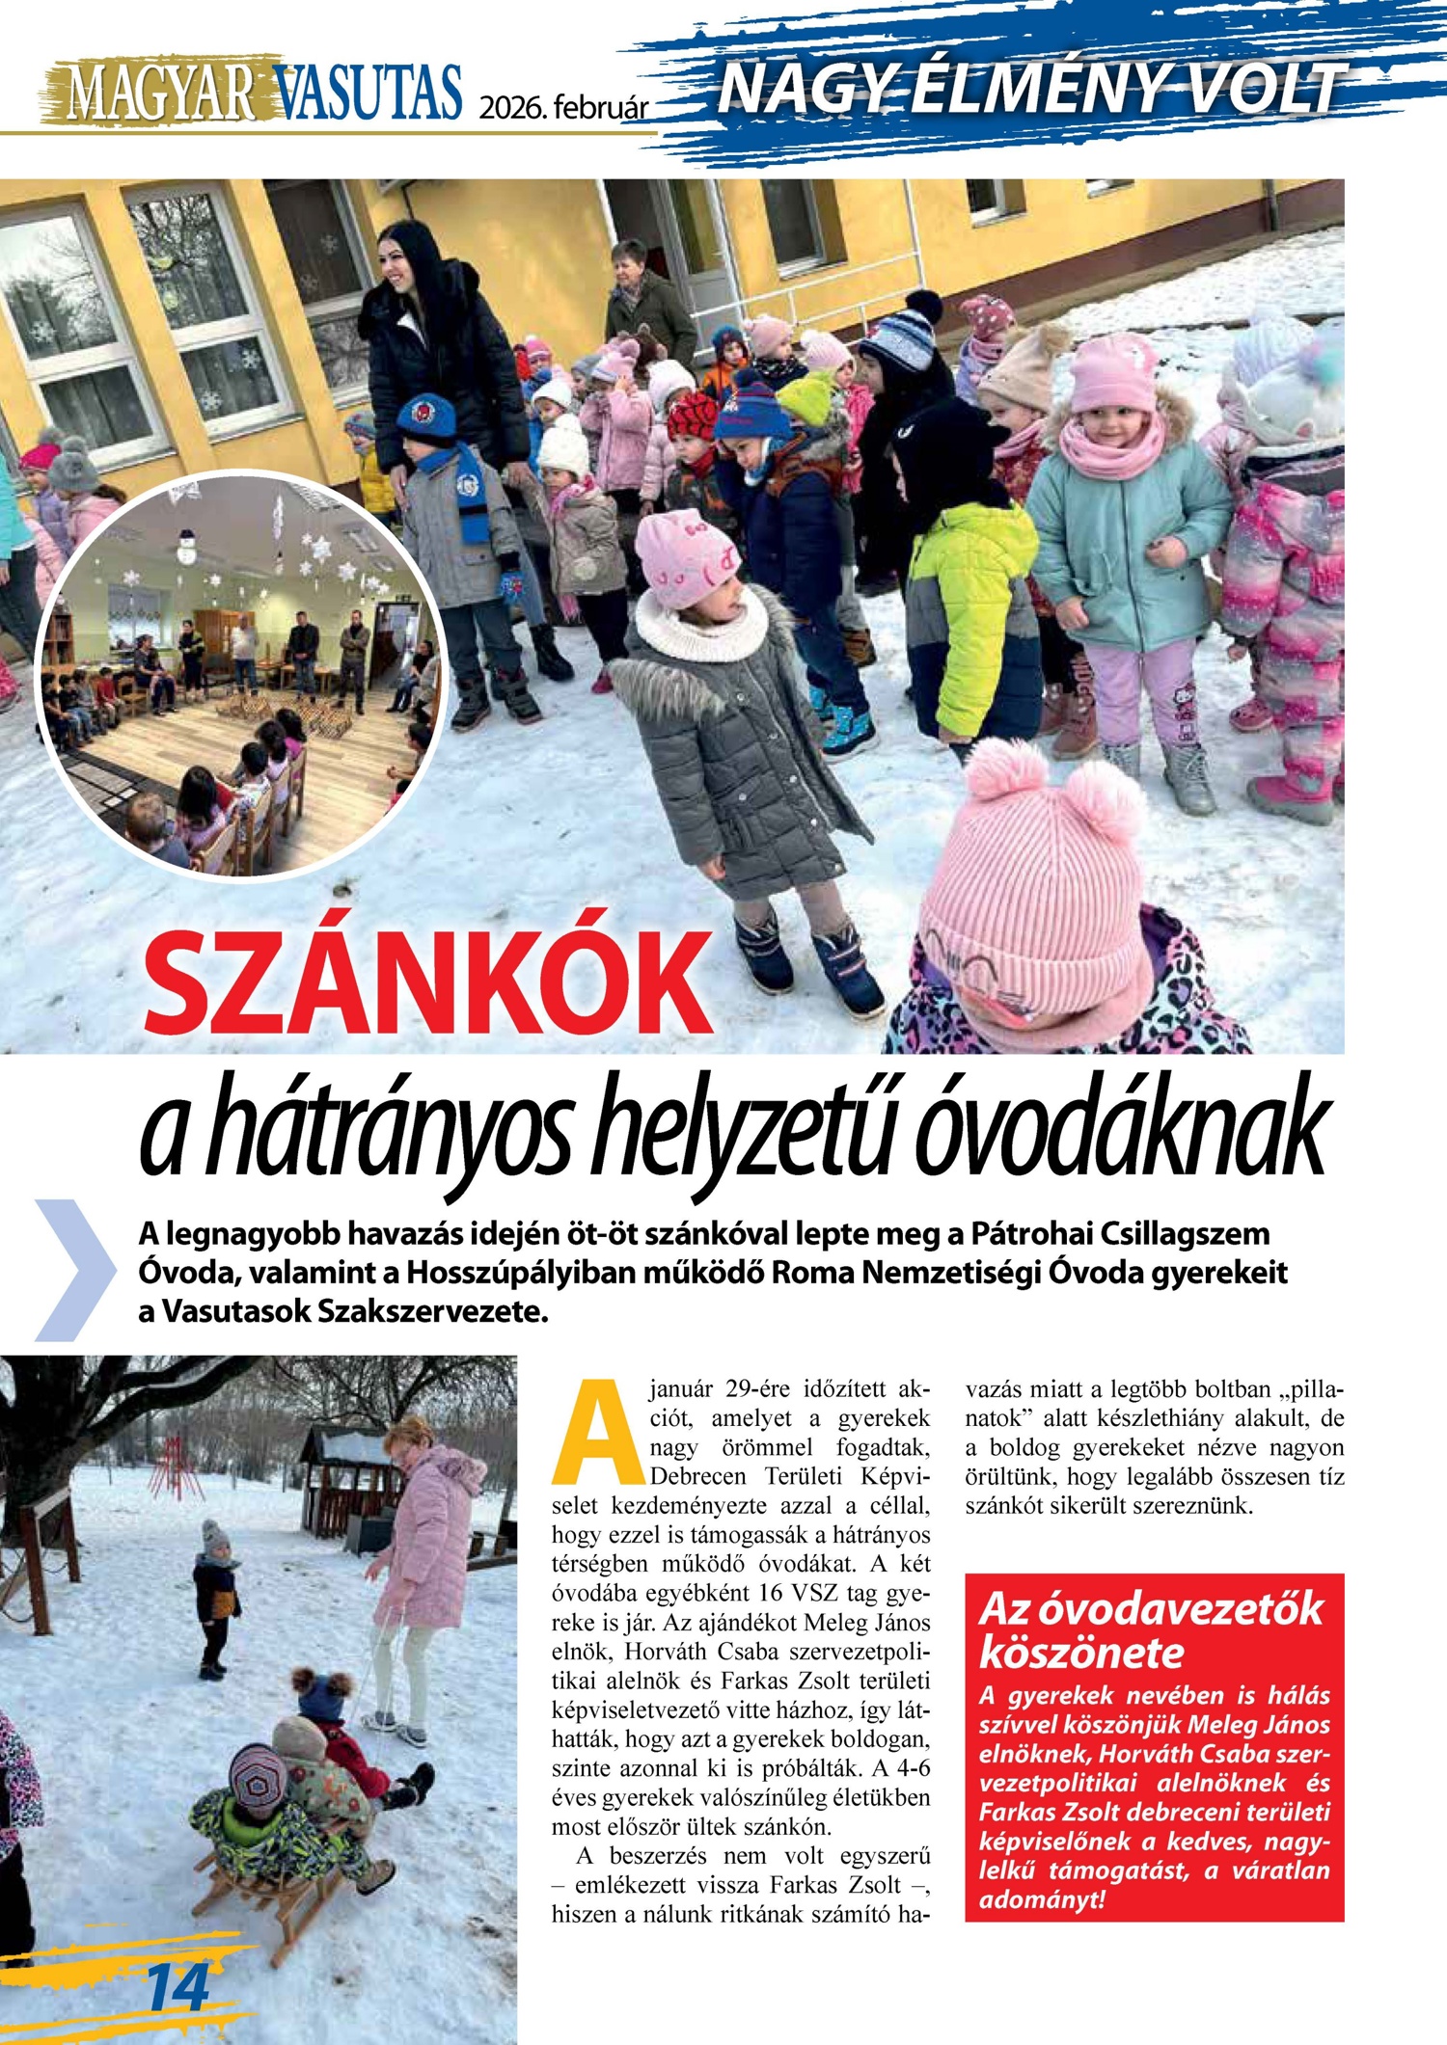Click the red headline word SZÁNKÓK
pos(427,984)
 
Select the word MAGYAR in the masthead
pos(161,93)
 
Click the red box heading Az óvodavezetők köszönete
pos(1151,1631)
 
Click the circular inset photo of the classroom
pos(241,675)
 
